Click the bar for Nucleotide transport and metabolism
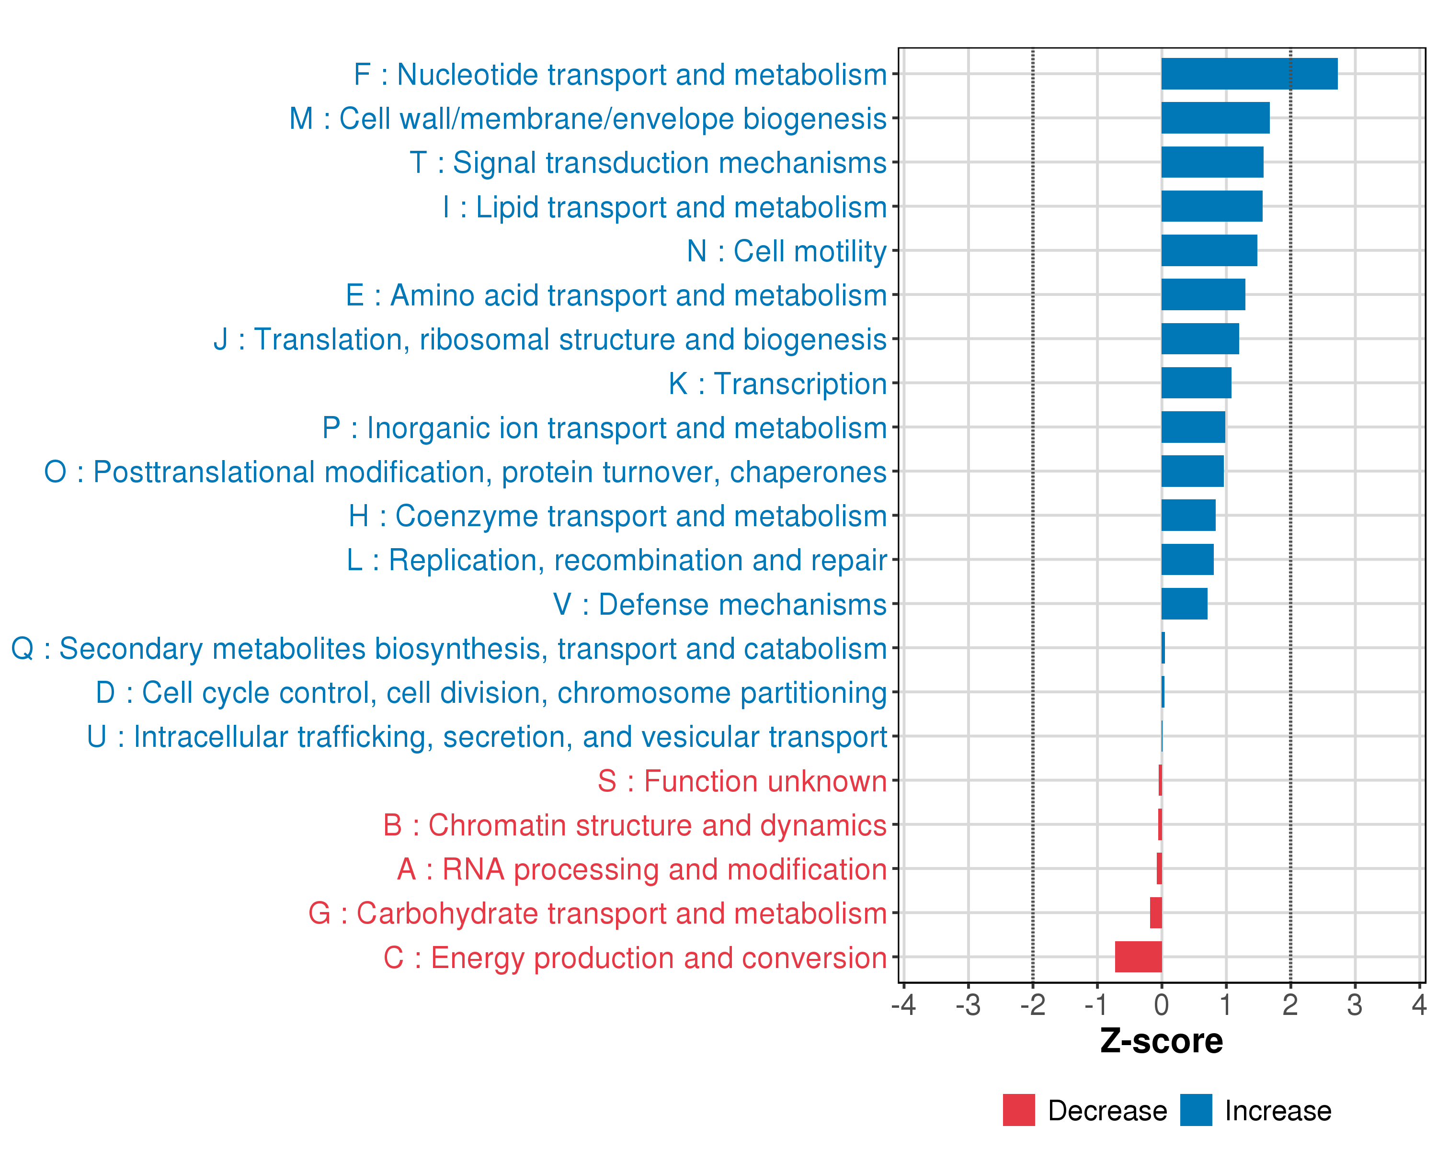click(1249, 74)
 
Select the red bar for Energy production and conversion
click(1139, 957)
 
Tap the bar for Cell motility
click(1209, 250)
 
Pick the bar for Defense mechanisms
click(1185, 604)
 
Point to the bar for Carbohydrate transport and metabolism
click(1156, 912)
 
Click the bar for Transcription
click(1197, 383)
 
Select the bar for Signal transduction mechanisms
click(1212, 162)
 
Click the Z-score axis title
click(1161, 1041)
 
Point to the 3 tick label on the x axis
click(1354, 1004)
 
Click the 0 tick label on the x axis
click(1161, 1004)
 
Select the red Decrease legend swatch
click(1018, 1110)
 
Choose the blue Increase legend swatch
click(1196, 1110)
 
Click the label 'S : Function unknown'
click(742, 781)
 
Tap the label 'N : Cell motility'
click(787, 251)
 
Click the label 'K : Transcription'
click(777, 383)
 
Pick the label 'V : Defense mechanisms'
click(720, 604)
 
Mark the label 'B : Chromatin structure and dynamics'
click(635, 824)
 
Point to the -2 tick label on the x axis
click(1032, 1004)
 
